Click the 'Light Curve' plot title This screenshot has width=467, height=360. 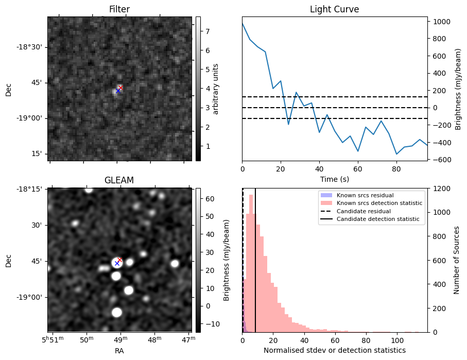coord(334,9)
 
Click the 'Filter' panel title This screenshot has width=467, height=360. coord(119,9)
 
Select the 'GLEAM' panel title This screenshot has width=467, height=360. coord(119,180)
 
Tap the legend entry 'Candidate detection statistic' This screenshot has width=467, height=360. coord(378,219)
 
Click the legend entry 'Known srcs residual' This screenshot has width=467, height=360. coord(366,195)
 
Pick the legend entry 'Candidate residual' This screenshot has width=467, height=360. coord(363,211)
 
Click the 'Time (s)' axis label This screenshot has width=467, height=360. coord(334,178)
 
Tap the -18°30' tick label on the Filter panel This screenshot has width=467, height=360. coord(32,47)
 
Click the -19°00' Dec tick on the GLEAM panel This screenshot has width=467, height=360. coord(32,297)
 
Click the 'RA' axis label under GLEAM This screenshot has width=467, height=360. coord(119,350)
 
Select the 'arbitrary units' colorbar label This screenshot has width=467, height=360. coord(216,89)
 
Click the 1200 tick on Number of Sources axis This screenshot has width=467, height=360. coord(442,188)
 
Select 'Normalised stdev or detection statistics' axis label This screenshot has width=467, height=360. coord(334,350)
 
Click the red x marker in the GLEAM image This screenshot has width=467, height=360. coord(120,260)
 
